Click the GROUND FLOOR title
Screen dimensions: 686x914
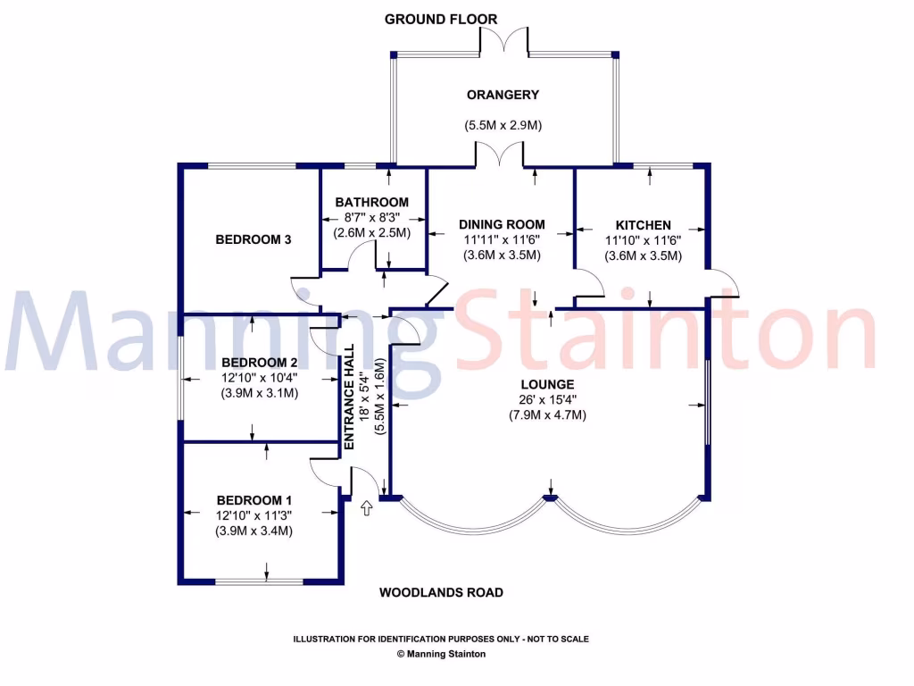[x=441, y=19]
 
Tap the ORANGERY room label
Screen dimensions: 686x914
[x=503, y=95]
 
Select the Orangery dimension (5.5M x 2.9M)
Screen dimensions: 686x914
[x=503, y=126]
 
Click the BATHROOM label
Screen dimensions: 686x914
[x=372, y=203]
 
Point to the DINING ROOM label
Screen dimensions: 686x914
[x=502, y=224]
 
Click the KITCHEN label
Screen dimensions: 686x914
[x=644, y=225]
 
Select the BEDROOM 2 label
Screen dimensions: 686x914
[x=259, y=363]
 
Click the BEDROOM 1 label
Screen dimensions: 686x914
[x=254, y=500]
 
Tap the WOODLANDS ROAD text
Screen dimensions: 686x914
[x=441, y=592]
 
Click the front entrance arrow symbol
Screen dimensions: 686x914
[x=365, y=508]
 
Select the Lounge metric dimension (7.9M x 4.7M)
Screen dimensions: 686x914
[x=548, y=414]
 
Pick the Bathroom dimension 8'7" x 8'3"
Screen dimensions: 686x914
[x=372, y=217]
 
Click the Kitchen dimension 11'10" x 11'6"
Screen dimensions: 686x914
[x=644, y=240]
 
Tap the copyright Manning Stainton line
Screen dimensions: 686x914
[x=441, y=654]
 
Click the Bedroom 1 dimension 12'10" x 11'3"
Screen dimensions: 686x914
[x=254, y=515]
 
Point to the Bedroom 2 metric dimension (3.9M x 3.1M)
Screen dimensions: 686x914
[x=259, y=393]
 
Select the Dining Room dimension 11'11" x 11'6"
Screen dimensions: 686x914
[x=502, y=239]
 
